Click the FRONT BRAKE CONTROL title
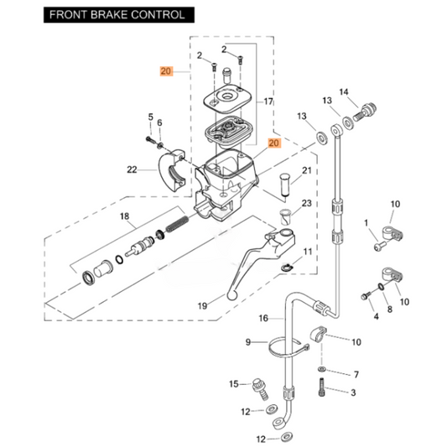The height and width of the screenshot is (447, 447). (x=117, y=14)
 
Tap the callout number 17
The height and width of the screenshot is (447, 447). (x=269, y=102)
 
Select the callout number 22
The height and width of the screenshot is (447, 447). (x=132, y=169)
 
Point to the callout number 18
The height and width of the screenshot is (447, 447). (x=125, y=216)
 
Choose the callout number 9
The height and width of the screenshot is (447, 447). (x=247, y=341)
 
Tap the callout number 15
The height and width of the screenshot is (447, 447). (x=235, y=383)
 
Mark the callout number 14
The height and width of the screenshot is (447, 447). (x=343, y=91)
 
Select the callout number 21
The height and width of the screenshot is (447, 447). (x=307, y=171)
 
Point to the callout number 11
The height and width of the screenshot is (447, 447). (x=307, y=252)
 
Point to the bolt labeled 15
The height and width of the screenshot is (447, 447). (x=257, y=387)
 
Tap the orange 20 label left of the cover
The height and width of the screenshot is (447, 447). (x=166, y=73)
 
